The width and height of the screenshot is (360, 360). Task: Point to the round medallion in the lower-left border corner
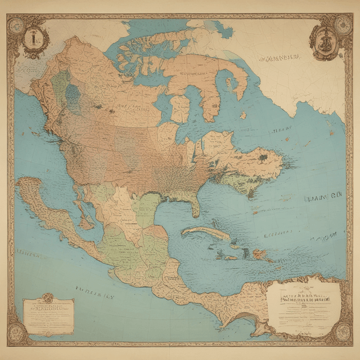coord(16,334)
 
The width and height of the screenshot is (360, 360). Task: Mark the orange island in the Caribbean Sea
coord(260,255)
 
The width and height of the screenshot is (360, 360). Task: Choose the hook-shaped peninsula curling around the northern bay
coord(239,79)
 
